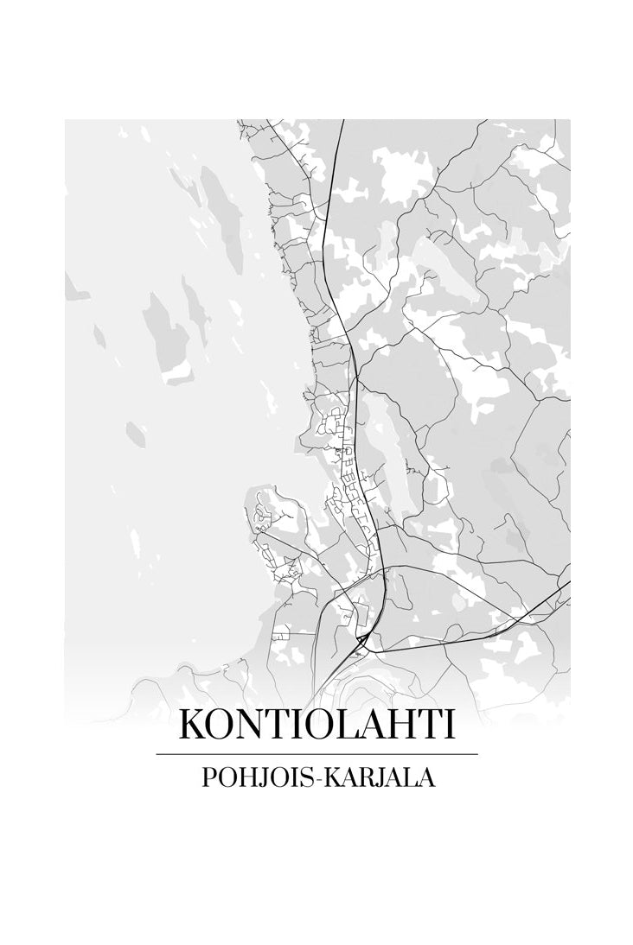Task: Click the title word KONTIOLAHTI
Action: pos(316,725)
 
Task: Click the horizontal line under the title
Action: pos(316,754)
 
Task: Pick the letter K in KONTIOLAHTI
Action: pos(193,725)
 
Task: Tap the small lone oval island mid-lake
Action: pos(134,429)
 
